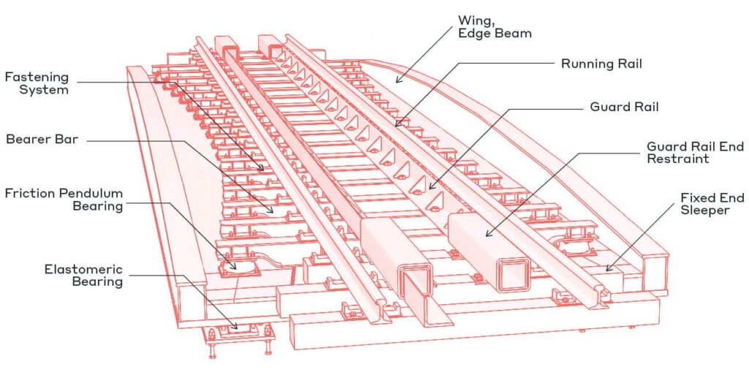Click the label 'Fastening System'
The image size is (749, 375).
[37, 83]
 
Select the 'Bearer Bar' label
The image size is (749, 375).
[37, 139]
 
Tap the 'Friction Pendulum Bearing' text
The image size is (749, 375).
[63, 200]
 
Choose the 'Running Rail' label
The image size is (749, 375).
[601, 64]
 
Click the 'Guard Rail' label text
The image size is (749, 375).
[624, 107]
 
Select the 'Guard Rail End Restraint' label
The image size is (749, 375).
[695, 152]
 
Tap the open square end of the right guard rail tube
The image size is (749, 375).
[511, 275]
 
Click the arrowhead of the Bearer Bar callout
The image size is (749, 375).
[275, 213]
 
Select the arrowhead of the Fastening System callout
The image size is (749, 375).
[264, 171]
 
